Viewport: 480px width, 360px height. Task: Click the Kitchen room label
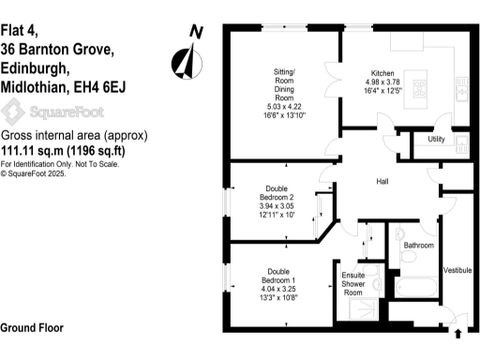[382, 73]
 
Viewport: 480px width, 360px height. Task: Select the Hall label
[382, 181]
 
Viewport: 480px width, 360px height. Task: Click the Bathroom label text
[418, 246]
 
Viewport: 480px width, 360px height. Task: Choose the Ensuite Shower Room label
[352, 283]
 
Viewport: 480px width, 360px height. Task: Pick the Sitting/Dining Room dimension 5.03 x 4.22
[283, 103]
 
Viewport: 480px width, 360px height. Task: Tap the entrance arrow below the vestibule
[457, 333]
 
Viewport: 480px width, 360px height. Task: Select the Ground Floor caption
[32, 328]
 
